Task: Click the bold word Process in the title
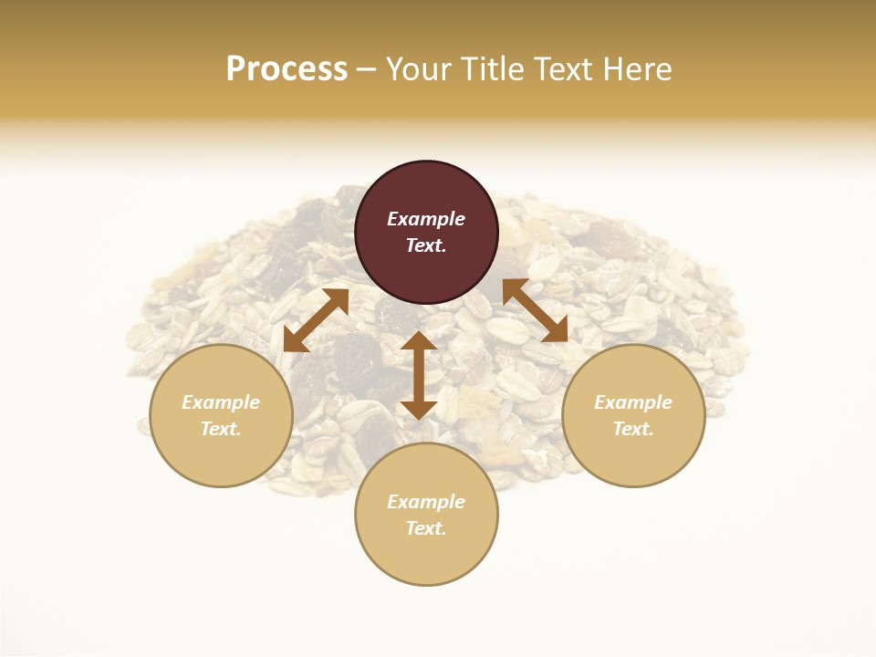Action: (x=287, y=69)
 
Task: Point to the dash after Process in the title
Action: (x=366, y=71)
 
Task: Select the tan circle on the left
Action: (x=221, y=415)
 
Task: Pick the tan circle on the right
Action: (x=633, y=415)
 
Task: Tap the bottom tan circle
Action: (x=426, y=515)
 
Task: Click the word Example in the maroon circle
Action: (x=426, y=219)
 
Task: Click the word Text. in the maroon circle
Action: (x=426, y=245)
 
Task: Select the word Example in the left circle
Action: (x=221, y=402)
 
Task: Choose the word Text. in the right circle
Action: (x=633, y=429)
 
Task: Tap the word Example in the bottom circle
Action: (x=426, y=502)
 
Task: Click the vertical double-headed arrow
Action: (x=419, y=375)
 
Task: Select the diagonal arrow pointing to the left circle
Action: (x=316, y=320)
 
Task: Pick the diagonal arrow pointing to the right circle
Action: (x=535, y=311)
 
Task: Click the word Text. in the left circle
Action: (x=221, y=429)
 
